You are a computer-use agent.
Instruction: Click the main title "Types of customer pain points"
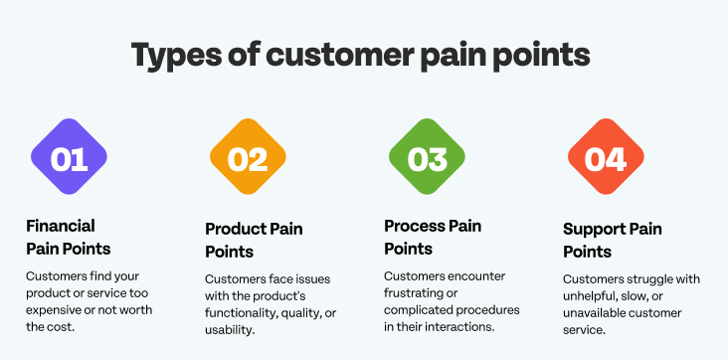coord(363,55)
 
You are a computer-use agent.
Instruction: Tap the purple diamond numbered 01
coord(69,157)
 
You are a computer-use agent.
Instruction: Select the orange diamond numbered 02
coord(248,157)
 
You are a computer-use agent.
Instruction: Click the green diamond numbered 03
coord(427,157)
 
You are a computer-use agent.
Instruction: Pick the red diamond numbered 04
coord(606,157)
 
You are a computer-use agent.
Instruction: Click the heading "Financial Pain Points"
coord(68,236)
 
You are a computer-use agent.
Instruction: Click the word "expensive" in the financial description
coord(54,310)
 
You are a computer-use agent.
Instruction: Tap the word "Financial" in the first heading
coord(61,226)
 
